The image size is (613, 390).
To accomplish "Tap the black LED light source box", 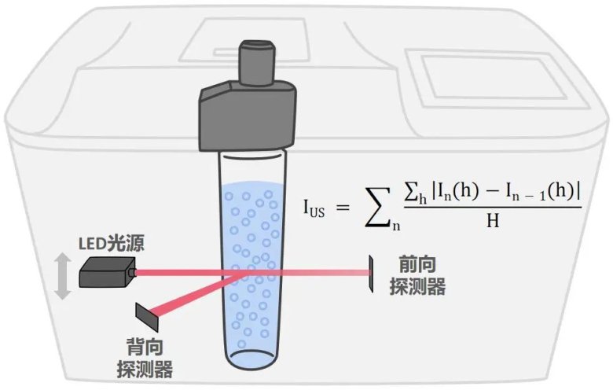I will pyautogui.click(x=105, y=274).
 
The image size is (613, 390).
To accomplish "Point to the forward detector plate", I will pyautogui.click(x=370, y=272).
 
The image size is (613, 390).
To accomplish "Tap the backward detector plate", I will pyautogui.click(x=147, y=315).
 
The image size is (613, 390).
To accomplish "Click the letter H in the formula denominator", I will pyautogui.click(x=493, y=222).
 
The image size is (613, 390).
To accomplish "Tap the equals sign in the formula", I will pyautogui.click(x=340, y=206).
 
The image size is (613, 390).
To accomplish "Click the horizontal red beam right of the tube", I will pyautogui.click(x=322, y=272).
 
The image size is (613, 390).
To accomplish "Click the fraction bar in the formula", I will pyautogui.click(x=492, y=208).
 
